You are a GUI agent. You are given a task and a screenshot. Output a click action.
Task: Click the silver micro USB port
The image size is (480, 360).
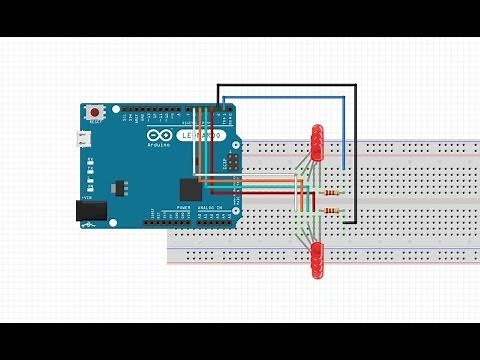click(x=86, y=139)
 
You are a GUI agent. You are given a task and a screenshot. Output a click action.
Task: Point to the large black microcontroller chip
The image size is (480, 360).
click(x=191, y=188)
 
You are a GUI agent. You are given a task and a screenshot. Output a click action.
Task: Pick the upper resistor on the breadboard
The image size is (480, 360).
click(x=332, y=193)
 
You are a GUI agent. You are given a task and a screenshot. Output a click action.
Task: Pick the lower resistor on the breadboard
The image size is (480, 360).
click(x=332, y=211)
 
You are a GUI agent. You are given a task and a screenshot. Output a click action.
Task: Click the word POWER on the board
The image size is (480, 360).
click(x=183, y=208)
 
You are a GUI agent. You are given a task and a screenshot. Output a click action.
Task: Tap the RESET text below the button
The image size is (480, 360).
click(x=96, y=123)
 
